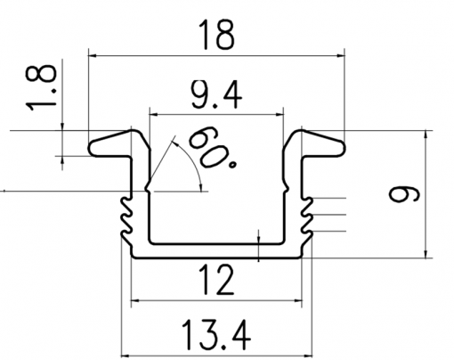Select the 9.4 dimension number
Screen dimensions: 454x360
(x=216, y=95)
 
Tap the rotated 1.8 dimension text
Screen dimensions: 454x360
(x=41, y=88)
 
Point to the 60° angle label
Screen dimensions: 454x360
(x=212, y=147)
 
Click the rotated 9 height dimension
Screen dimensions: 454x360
(x=404, y=194)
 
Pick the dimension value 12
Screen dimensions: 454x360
(x=217, y=280)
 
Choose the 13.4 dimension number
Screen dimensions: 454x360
(x=216, y=335)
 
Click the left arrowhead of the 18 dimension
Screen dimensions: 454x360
(x=93, y=55)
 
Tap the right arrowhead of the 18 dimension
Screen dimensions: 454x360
(x=340, y=55)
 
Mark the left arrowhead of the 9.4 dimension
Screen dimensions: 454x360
(x=154, y=114)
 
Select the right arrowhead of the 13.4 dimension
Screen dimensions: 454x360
(x=308, y=356)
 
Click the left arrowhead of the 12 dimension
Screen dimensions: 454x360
(x=135, y=300)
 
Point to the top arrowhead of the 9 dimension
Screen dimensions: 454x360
(x=426, y=135)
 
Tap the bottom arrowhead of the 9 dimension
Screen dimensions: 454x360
(x=426, y=253)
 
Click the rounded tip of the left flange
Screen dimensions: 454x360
(x=92, y=148)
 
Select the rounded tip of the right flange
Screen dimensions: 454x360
(x=342, y=148)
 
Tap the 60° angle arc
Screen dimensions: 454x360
(x=193, y=162)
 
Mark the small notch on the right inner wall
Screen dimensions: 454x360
(x=286, y=188)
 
